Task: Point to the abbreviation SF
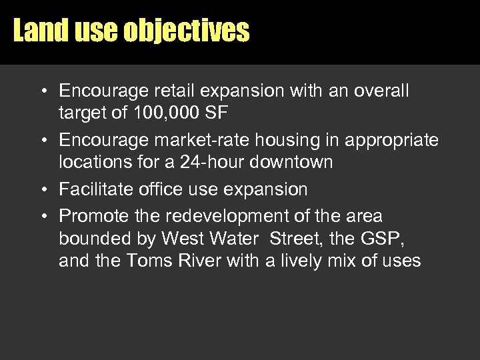click(217, 113)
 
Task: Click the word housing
click(275, 140)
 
